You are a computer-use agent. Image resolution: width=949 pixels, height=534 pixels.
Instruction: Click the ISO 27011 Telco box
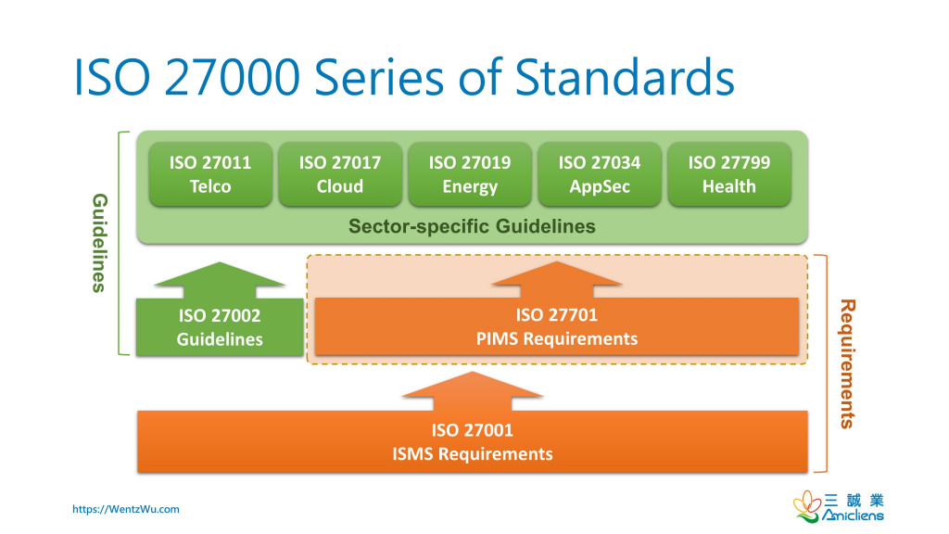210,174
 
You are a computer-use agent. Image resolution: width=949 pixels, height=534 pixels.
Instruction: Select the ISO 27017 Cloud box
340,174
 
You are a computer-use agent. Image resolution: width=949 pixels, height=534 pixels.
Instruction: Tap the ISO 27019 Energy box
470,174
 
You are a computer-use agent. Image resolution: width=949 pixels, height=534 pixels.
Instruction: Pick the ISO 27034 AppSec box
600,174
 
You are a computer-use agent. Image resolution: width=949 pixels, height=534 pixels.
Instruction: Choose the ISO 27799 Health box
729,174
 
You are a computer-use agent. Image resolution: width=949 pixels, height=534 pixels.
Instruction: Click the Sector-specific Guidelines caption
472,226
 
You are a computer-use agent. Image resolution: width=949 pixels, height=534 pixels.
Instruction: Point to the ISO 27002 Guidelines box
220,327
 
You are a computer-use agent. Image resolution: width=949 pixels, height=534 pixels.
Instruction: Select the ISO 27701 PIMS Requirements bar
557,326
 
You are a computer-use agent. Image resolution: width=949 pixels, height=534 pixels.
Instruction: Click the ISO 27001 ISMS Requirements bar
472,442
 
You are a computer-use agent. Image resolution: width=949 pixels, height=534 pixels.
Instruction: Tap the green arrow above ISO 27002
220,280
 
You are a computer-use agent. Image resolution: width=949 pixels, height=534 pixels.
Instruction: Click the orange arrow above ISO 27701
557,279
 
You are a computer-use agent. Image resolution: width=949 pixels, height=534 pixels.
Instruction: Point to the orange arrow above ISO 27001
472,391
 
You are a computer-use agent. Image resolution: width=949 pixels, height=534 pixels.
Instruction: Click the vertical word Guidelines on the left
100,244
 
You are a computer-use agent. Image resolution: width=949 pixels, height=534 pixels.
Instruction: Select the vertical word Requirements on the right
848,363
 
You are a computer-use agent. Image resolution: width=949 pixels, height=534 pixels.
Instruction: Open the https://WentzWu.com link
126,509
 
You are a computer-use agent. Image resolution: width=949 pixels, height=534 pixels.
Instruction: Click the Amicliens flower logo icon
807,505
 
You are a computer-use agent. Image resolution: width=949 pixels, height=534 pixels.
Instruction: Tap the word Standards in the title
625,78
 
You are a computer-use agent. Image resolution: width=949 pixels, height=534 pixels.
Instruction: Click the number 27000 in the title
232,78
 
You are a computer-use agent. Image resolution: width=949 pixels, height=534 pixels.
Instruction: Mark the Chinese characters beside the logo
854,501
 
